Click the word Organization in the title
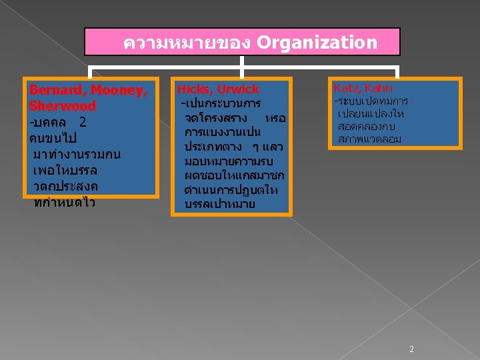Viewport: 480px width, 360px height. tap(317, 43)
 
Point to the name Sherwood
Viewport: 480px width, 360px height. tap(63, 106)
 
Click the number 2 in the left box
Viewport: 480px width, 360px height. tap(82, 123)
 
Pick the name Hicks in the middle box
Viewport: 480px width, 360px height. tap(193, 89)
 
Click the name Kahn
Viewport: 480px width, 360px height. tap(379, 88)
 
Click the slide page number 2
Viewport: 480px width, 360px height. tap(411, 349)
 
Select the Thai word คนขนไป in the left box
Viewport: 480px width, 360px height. tap(53, 139)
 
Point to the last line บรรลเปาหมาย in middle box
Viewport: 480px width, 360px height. tap(219, 204)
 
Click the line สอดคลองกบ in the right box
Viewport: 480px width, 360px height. tap(371, 126)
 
